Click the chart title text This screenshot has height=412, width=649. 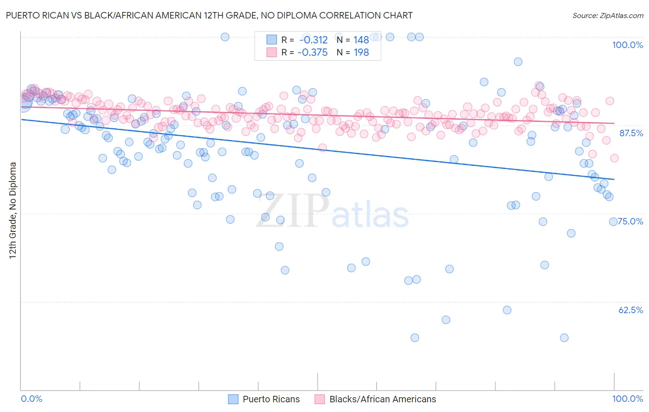(210, 15)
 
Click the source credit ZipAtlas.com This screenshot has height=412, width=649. (607, 15)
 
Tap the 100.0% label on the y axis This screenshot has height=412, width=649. (627, 45)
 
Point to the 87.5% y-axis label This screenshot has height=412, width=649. (631, 133)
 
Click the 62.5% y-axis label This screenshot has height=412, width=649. (631, 310)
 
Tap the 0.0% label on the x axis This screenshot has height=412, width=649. (31, 399)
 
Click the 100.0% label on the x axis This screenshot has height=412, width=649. (627, 399)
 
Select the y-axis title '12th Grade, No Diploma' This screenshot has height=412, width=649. (13, 210)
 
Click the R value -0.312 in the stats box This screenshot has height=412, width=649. (313, 40)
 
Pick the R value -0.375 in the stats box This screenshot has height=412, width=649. (312, 53)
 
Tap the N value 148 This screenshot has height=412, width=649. (361, 40)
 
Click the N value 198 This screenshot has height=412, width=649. (361, 53)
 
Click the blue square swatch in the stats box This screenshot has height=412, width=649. (271, 40)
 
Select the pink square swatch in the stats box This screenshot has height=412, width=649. (271, 53)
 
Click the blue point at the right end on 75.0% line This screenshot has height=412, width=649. (613, 222)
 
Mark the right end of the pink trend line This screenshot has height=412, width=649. (614, 123)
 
